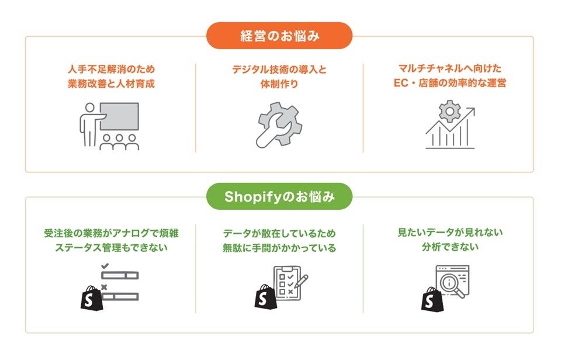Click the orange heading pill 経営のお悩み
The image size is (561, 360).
(279, 36)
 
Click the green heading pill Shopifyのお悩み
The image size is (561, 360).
(279, 196)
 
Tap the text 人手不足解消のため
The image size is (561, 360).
(110, 69)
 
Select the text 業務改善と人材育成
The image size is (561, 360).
(110, 84)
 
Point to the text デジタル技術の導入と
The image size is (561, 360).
(279, 69)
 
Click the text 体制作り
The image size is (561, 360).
(279, 84)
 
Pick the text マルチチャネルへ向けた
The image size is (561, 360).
(449, 69)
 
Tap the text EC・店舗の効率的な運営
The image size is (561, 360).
(449, 84)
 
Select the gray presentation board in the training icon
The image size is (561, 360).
(119, 116)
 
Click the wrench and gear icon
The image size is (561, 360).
(279, 124)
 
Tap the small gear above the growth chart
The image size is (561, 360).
(449, 110)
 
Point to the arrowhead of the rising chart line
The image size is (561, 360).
(472, 111)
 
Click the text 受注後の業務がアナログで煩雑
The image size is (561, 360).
(111, 233)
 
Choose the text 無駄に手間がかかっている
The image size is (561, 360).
(279, 248)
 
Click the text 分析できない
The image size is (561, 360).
(449, 247)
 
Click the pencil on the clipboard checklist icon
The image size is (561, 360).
(300, 283)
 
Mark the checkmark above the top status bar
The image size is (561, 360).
(105, 266)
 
